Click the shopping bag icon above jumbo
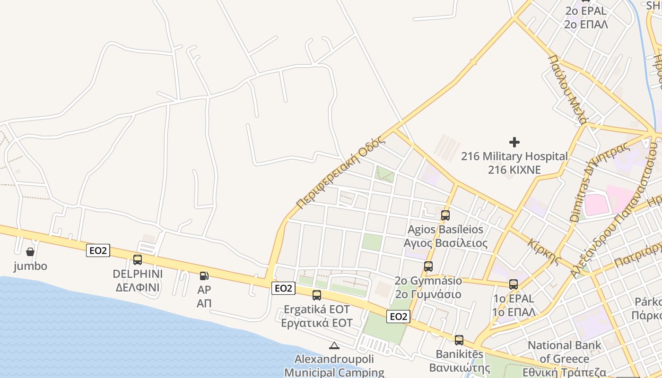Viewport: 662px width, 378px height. coord(30,251)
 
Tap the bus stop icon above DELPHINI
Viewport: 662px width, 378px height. coord(138,259)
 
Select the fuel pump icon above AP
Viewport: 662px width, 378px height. coord(204,275)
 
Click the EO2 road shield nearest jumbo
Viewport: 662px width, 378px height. coord(98,250)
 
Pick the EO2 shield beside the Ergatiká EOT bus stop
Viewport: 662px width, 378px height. coord(283,288)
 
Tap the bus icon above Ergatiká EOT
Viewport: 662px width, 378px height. coord(317,295)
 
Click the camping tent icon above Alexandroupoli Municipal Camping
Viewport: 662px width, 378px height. coord(334,345)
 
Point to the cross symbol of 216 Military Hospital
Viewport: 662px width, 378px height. coord(514,142)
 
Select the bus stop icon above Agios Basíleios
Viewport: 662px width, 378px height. coord(445,215)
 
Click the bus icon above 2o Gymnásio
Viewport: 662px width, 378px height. coord(428,266)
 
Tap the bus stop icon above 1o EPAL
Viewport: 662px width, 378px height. coord(514,284)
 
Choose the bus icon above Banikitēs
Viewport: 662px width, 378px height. coord(459,340)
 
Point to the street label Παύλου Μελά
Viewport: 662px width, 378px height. coord(568,89)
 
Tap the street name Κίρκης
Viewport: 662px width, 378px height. coord(545,252)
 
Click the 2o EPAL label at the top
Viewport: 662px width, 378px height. coord(586,11)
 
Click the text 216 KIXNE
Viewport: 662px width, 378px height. coord(514,170)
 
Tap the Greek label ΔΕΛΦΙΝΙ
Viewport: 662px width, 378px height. coord(138,287)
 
